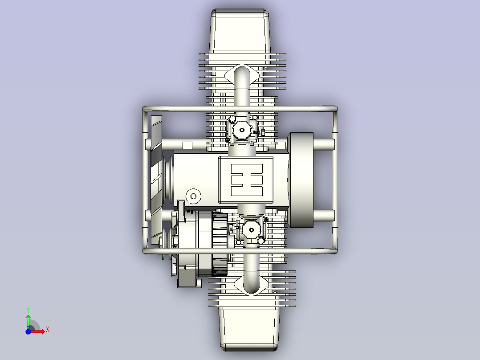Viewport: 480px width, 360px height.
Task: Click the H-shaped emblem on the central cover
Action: pyautogui.click(x=247, y=180)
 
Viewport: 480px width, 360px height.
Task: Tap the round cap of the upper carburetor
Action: pyautogui.click(x=242, y=130)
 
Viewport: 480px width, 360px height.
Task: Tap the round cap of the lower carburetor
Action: pyautogui.click(x=251, y=230)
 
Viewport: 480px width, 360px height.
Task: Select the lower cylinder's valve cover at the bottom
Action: pyautogui.click(x=249, y=329)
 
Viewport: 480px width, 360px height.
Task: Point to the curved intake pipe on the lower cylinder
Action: pyautogui.click(x=251, y=270)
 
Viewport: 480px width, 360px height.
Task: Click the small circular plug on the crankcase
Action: pyautogui.click(x=193, y=196)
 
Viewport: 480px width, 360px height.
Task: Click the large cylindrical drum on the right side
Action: pyautogui.click(x=301, y=180)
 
